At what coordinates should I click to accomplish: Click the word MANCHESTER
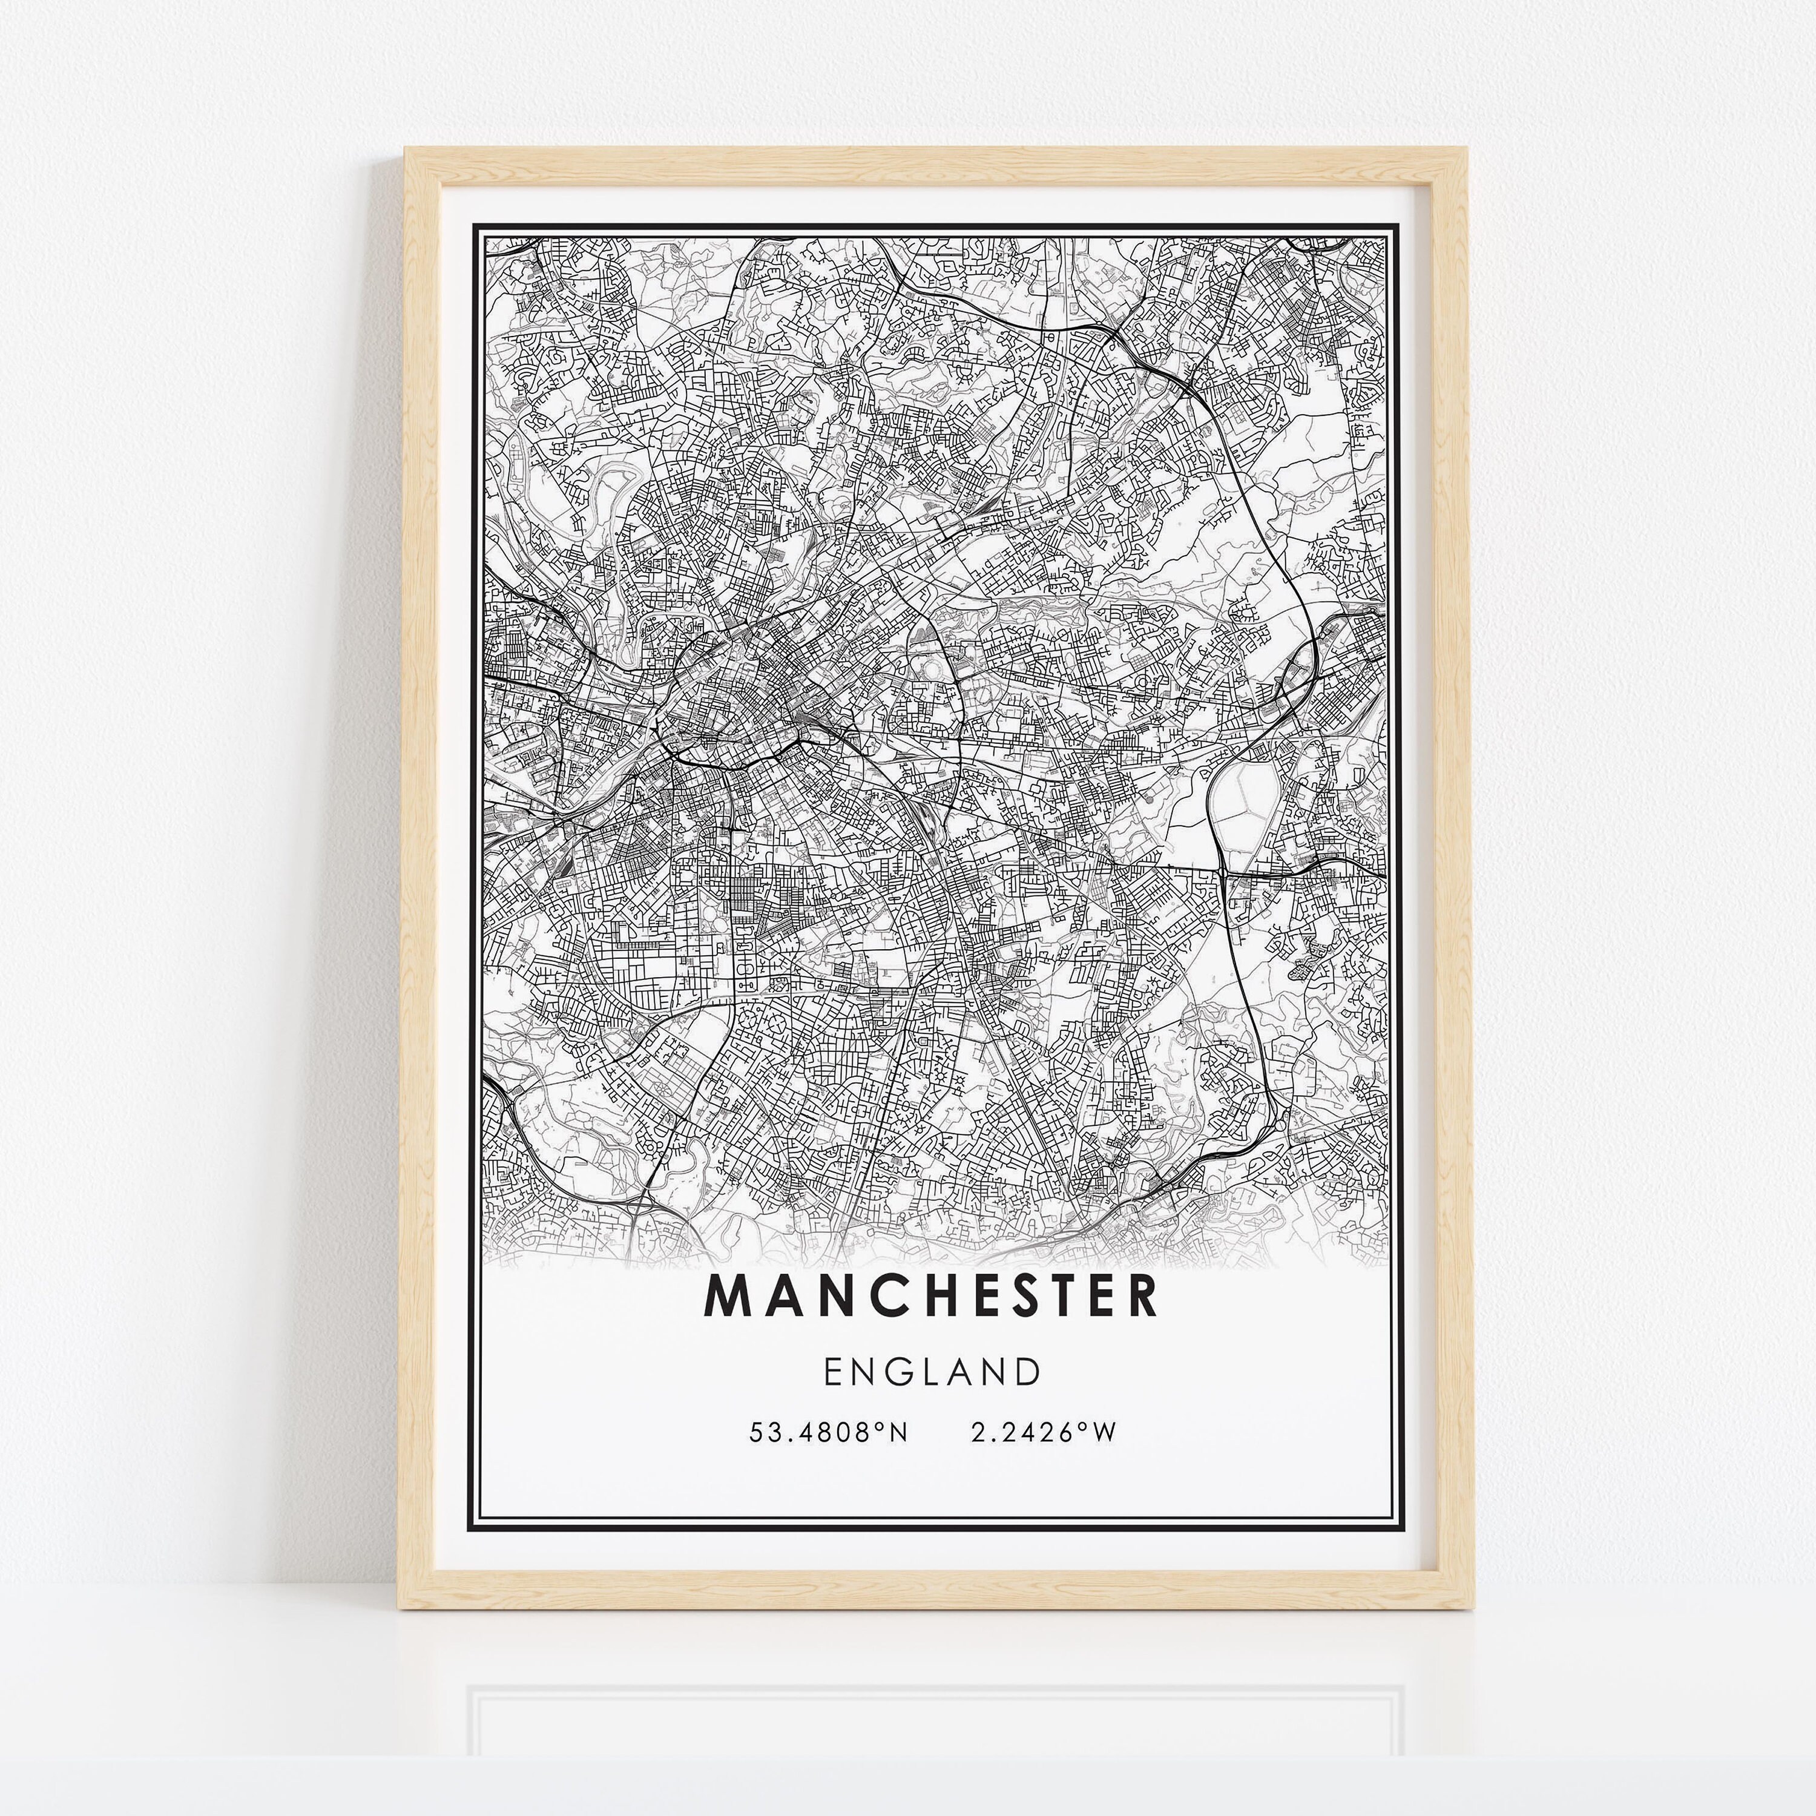tap(930, 1296)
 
